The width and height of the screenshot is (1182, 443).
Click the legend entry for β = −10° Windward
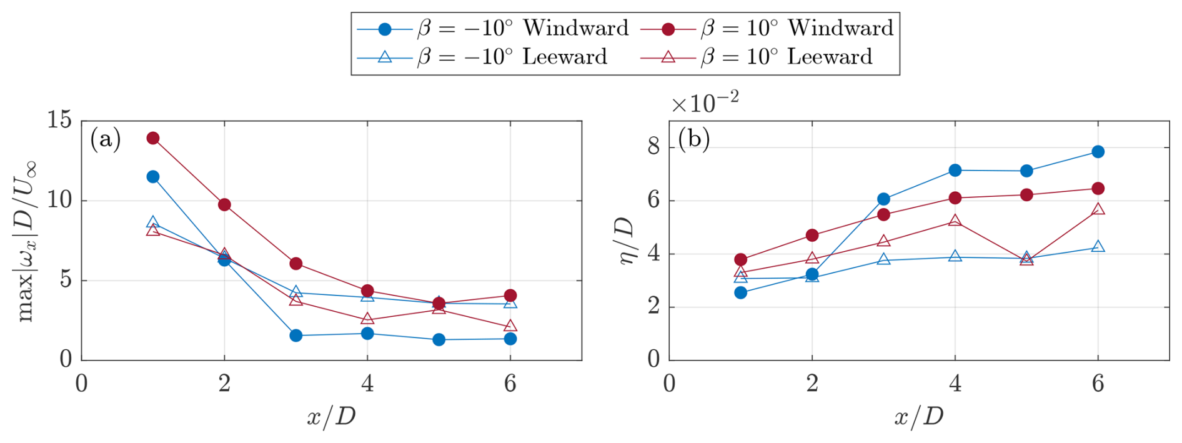click(493, 29)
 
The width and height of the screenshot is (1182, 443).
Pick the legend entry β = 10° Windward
click(768, 29)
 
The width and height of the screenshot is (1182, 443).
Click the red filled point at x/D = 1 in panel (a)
click(153, 138)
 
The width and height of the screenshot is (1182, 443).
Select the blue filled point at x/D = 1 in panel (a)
click(153, 177)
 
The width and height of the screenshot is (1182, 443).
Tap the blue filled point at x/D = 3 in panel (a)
click(296, 336)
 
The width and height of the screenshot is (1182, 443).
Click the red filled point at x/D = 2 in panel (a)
click(224, 204)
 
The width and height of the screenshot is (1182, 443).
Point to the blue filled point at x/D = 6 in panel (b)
click(1098, 152)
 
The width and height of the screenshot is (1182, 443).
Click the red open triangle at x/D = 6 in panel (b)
click(1098, 209)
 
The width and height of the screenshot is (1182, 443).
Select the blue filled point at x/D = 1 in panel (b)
click(740, 292)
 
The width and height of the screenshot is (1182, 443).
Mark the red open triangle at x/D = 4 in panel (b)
click(955, 221)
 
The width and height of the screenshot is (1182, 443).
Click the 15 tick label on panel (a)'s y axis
click(59, 119)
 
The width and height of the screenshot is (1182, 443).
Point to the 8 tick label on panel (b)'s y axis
click(653, 147)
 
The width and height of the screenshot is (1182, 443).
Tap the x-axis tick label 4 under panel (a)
click(367, 383)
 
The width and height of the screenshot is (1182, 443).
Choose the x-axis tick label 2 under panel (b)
click(812, 383)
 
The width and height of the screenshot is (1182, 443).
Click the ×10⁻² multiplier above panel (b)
click(705, 102)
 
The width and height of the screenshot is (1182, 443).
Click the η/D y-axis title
click(627, 241)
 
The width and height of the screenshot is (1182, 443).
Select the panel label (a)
click(105, 138)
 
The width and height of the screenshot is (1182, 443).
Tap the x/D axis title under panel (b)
click(918, 416)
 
